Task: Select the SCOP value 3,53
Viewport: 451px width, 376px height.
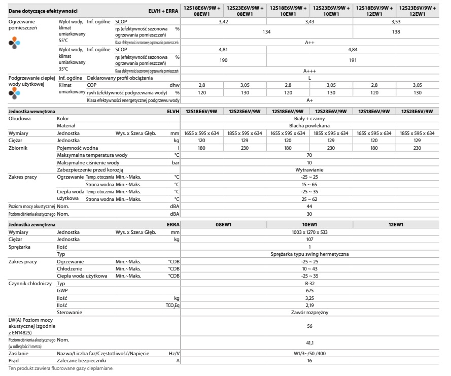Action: click(396, 22)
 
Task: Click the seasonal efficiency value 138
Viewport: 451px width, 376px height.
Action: click(396, 31)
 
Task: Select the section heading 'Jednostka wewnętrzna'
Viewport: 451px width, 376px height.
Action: click(32, 111)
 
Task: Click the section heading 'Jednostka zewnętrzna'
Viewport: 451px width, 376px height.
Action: click(32, 224)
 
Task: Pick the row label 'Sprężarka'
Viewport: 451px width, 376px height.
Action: click(20, 246)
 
